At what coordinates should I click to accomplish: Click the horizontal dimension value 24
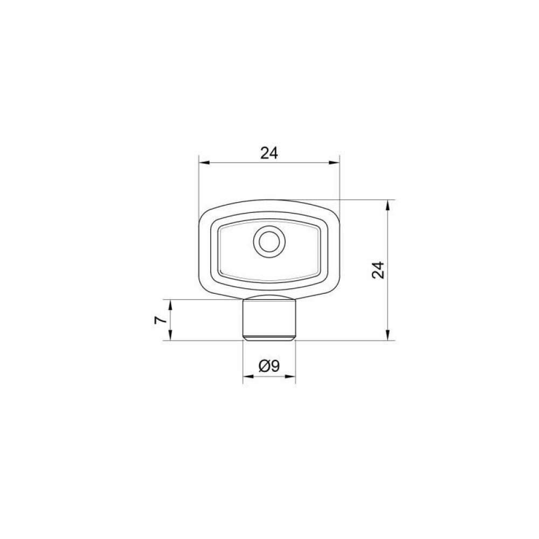[x=269, y=153]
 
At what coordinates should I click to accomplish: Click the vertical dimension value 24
[x=378, y=270]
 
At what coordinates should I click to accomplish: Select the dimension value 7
[x=161, y=320]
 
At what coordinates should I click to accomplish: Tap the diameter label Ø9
[x=269, y=367]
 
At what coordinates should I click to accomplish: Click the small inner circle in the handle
[x=269, y=241]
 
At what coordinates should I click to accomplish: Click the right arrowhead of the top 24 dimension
[x=334, y=163]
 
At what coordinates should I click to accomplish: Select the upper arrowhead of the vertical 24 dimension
[x=388, y=205]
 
